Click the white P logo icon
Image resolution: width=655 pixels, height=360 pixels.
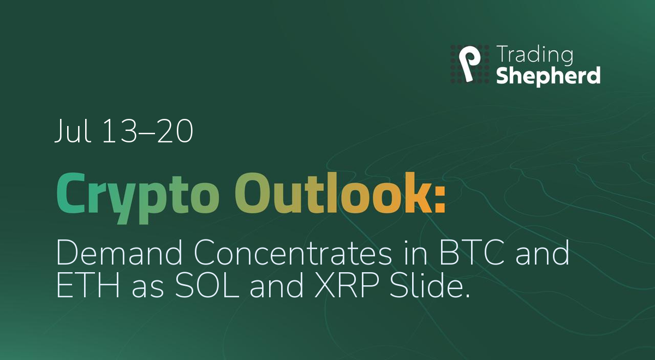click(469, 64)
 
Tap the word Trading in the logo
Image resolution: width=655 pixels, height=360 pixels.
click(534, 55)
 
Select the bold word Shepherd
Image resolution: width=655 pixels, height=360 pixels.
click(549, 76)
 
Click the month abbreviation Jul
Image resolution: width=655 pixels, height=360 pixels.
click(72, 130)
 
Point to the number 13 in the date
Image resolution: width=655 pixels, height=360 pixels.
click(120, 131)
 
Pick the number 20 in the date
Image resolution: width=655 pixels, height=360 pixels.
click(175, 131)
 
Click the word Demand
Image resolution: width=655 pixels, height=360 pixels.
click(120, 252)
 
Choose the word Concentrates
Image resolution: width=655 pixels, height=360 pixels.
click(293, 253)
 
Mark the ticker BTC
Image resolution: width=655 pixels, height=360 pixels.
click(472, 252)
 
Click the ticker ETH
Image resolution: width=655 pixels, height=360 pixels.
click(88, 285)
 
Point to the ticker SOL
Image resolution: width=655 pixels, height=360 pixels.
click(207, 285)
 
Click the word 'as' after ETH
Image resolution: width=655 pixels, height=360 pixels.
click(148, 289)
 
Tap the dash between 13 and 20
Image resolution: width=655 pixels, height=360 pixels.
click(147, 133)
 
